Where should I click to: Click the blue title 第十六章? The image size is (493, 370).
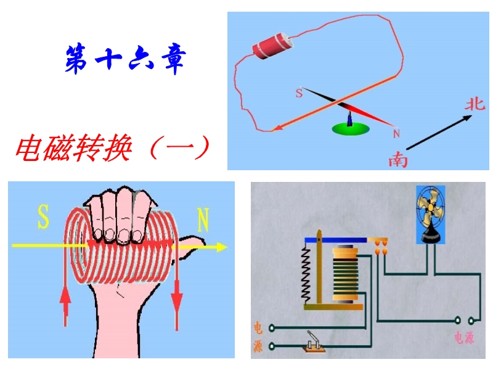pos(126,60)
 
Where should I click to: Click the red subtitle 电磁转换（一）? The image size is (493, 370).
pos(113,148)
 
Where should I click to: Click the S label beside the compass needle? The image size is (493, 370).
pos(299,93)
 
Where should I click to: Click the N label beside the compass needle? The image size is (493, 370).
pos(396,134)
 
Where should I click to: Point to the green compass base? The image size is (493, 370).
pos(351,129)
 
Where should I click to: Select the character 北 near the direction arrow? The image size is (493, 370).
pos(475,104)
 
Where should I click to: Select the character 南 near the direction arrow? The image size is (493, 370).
pos(398,160)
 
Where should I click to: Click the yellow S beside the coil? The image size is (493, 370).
pos(43,217)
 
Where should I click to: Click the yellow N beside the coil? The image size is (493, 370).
pos(203,220)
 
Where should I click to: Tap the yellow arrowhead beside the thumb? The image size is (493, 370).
pos(222,247)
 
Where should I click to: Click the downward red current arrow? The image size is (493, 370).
pos(177,303)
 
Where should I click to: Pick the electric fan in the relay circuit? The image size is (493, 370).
pos(430,215)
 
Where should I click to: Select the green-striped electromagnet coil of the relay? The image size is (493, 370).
pos(346,274)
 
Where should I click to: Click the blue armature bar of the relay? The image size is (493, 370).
pos(336,240)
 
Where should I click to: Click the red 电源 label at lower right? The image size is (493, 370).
pos(464,337)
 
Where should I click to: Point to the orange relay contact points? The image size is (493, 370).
pos(381,247)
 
